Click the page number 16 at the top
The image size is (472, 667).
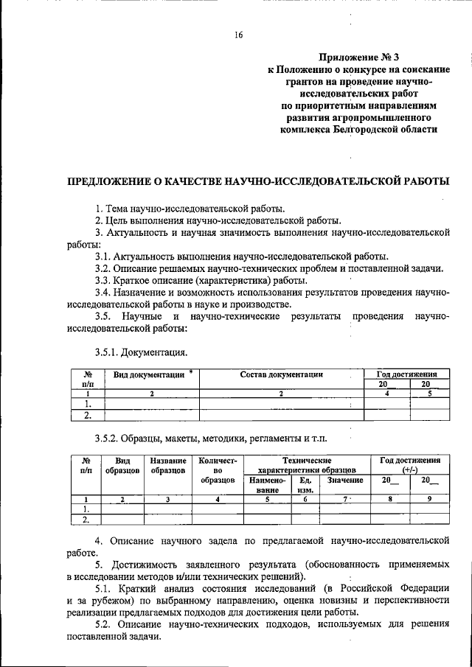pyautogui.click(x=238, y=35)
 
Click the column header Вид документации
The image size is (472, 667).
pyautogui.click(x=148, y=374)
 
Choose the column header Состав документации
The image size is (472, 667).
pyautogui.click(x=282, y=374)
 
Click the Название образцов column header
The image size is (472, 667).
pyautogui.click(x=167, y=465)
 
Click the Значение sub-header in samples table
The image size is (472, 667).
pyautogui.click(x=345, y=480)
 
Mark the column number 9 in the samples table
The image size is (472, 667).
pyautogui.click(x=425, y=500)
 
